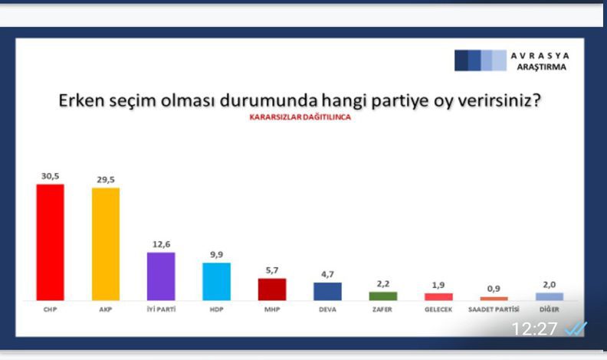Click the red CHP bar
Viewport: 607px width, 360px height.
51,242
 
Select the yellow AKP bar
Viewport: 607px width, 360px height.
106,244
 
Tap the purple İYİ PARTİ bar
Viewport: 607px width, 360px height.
161,276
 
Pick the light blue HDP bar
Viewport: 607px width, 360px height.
216,282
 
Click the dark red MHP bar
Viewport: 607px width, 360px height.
272,290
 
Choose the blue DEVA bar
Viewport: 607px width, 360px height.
327,291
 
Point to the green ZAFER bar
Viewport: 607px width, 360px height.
383,296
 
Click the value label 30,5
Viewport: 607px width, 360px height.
51,176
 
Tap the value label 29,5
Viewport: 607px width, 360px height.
106,180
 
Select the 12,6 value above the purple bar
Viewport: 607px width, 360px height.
162,244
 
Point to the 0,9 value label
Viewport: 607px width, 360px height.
494,289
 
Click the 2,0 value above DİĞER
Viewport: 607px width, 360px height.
550,285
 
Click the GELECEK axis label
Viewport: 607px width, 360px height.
438,309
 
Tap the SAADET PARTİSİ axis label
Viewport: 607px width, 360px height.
494,309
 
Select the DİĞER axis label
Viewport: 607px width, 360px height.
550,309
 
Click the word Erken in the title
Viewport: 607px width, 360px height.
81,100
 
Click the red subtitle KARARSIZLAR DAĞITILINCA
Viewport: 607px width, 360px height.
300,117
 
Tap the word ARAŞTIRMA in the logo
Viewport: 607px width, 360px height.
542,67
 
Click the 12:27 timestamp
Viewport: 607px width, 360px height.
534,329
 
